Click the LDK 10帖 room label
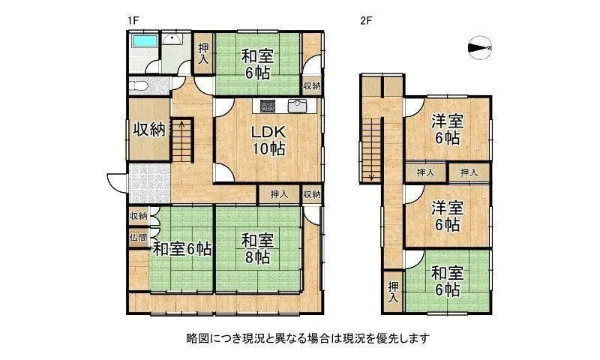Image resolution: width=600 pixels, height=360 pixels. point(267,139)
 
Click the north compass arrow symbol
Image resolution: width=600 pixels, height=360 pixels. point(478,49)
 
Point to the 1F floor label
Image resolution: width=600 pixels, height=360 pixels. point(133,21)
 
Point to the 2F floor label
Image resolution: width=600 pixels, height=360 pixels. point(365,21)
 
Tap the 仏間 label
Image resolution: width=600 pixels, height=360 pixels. point(137,238)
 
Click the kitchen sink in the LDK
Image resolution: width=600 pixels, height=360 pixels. point(298,104)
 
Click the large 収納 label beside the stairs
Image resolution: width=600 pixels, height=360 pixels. point(148,129)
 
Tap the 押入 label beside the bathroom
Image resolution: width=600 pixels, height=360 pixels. point(203,54)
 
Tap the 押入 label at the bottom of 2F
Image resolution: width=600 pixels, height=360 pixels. point(393,291)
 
